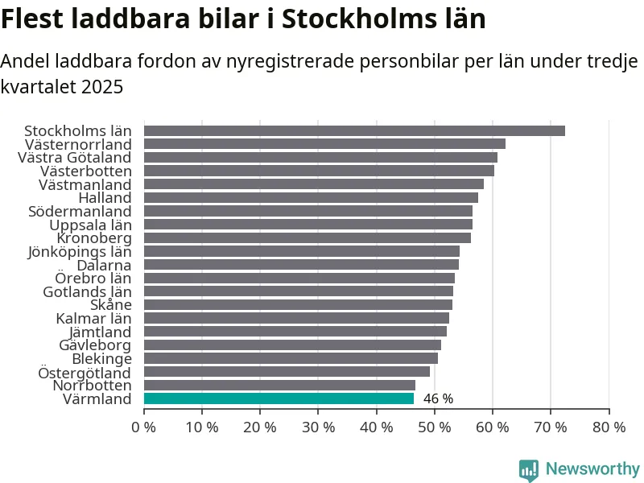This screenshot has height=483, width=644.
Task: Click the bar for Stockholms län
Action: tap(354, 130)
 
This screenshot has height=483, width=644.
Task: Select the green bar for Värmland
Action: tap(279, 398)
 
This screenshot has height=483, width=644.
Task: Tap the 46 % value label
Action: tap(438, 399)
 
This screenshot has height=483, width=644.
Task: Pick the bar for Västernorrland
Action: tap(324, 144)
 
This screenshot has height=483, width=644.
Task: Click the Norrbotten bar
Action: tap(279, 386)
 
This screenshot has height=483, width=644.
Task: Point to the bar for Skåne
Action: tap(298, 305)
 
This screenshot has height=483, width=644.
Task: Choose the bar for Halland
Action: tap(311, 197)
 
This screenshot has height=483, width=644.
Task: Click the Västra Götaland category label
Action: tap(74, 158)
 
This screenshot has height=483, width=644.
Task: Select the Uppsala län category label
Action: tap(90, 225)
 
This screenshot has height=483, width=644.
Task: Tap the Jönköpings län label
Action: tap(79, 251)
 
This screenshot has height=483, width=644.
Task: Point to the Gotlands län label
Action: tap(87, 291)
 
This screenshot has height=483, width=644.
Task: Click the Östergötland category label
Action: tap(85, 373)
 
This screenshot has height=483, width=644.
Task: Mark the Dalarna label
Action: tap(104, 265)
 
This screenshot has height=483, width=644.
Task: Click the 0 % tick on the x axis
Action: tap(144, 427)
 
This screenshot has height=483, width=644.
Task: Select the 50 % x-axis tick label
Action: tap(435, 427)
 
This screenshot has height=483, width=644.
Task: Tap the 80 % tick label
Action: tap(609, 427)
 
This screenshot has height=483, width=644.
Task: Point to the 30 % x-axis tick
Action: tap(318, 427)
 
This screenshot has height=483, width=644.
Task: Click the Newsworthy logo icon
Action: tap(529, 470)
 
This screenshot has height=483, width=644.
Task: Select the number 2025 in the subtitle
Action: tap(102, 87)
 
